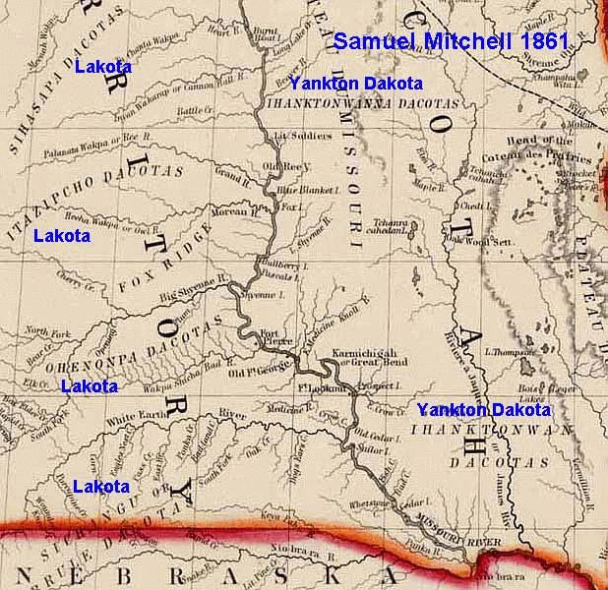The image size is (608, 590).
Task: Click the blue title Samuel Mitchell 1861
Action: [x=451, y=41]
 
